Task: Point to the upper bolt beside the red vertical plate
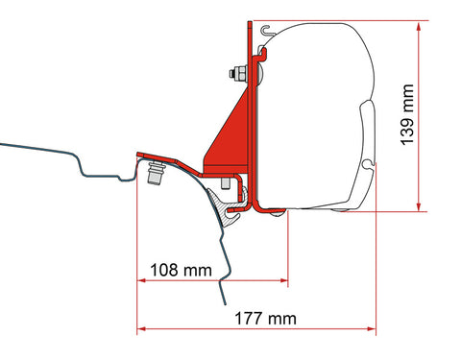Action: point(234,72)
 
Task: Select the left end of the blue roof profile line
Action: point(3,146)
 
